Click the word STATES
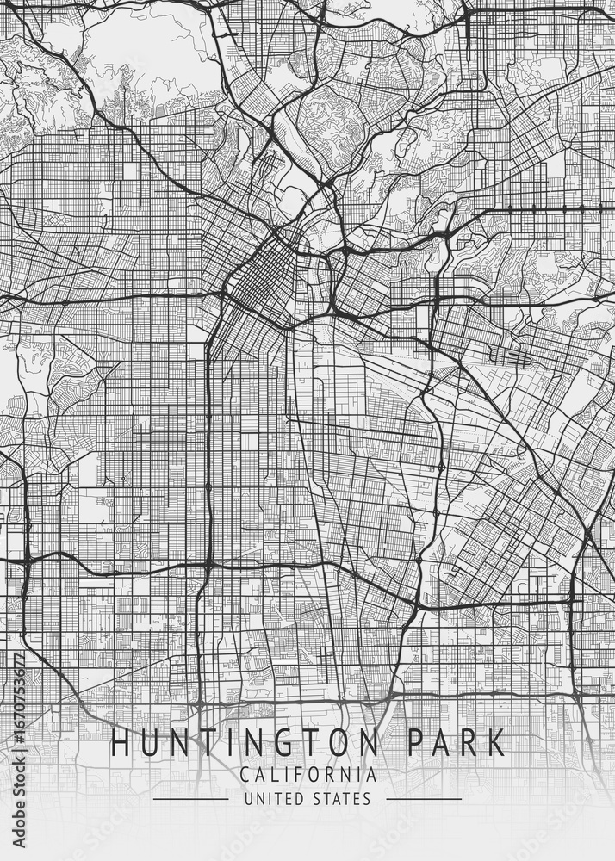pos(340,799)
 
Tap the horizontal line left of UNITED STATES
pos(190,799)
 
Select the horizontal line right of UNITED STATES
pos(423,799)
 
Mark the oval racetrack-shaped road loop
pos(507,352)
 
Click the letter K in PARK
pos(494,742)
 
